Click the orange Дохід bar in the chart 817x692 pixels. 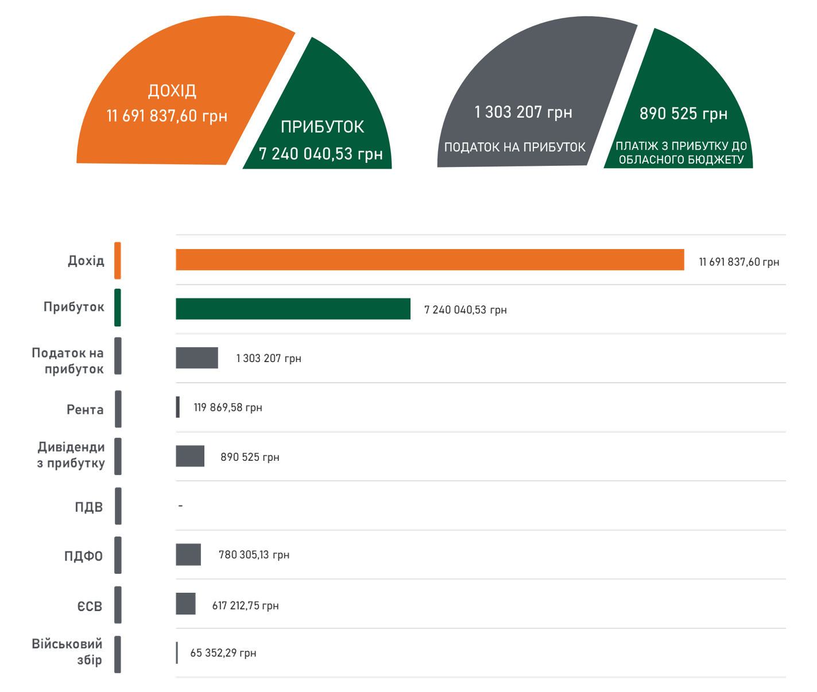coord(429,259)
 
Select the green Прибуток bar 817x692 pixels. coord(293,309)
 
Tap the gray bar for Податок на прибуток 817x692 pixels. coord(197,358)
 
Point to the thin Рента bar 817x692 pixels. coord(178,407)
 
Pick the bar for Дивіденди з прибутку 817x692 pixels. coord(190,456)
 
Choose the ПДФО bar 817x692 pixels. coord(188,555)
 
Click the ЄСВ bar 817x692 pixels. coord(185,604)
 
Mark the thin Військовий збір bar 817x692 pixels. coord(177,653)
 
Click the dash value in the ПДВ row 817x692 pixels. coord(180,506)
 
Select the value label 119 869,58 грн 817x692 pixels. coord(228,407)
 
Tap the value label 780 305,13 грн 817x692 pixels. coord(254,555)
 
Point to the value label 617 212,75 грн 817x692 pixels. coord(245,605)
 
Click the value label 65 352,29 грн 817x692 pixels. coord(223,653)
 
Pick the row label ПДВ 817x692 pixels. coord(89,507)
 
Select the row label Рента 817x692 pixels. coord(85,410)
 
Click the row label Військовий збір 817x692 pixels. coord(67,651)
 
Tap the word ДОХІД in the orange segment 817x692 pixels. coord(172,91)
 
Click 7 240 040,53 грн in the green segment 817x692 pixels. coord(320,154)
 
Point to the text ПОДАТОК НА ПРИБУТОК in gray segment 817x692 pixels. coord(515,147)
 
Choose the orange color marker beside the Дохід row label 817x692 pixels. coord(118,261)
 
